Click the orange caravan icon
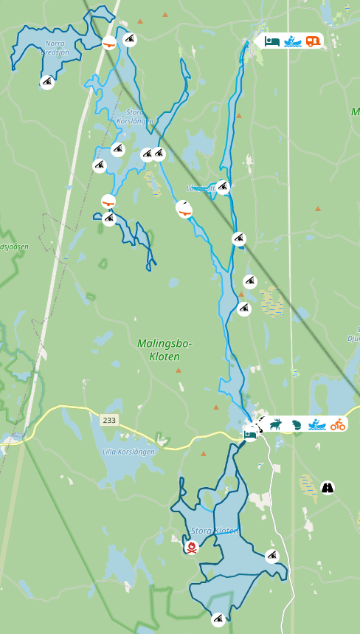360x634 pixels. (x=314, y=41)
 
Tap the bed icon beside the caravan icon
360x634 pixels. (x=272, y=41)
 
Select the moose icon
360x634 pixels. (x=276, y=424)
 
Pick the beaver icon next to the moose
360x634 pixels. (x=297, y=424)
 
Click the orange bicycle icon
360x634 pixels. (x=338, y=424)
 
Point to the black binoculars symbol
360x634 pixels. (x=328, y=488)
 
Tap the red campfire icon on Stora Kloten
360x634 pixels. (x=192, y=547)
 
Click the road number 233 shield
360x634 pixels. (x=109, y=419)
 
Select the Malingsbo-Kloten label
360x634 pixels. (x=164, y=350)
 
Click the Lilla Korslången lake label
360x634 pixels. (x=129, y=452)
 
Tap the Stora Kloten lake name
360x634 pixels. (x=214, y=531)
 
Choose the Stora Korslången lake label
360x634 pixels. (x=135, y=117)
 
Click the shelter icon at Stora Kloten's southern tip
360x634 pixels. (x=218, y=619)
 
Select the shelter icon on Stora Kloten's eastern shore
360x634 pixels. (x=272, y=556)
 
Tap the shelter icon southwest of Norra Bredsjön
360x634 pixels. (x=47, y=82)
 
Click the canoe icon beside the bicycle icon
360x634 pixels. (x=317, y=424)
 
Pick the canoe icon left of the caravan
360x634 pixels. (x=293, y=41)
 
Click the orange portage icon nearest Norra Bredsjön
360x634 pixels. (x=109, y=43)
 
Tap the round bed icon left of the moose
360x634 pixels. (x=251, y=434)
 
